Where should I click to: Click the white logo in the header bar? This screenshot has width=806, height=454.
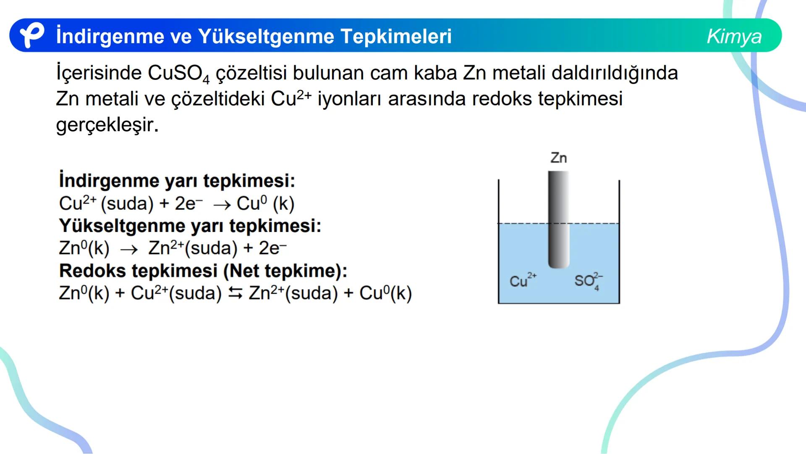click(32, 35)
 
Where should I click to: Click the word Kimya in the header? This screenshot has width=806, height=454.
click(734, 36)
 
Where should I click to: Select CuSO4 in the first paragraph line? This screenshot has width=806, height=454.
click(178, 74)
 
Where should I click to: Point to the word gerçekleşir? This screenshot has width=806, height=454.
click(107, 125)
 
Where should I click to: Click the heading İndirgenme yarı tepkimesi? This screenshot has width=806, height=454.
click(177, 181)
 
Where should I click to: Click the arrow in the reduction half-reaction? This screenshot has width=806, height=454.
click(222, 205)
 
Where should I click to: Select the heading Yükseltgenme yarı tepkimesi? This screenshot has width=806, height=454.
click(190, 226)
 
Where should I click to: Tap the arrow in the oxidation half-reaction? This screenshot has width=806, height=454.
click(129, 250)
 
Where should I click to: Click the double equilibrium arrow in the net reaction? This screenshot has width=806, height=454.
click(235, 294)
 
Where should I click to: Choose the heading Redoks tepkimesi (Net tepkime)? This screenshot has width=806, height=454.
click(203, 271)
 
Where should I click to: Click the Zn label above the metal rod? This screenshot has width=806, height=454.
click(558, 158)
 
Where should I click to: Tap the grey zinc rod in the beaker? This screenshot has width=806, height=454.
click(558, 219)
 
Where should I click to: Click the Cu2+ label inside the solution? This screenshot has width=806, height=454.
click(522, 280)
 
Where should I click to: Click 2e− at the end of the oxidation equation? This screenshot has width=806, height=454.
click(272, 248)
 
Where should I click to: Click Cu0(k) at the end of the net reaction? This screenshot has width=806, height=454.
click(385, 293)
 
